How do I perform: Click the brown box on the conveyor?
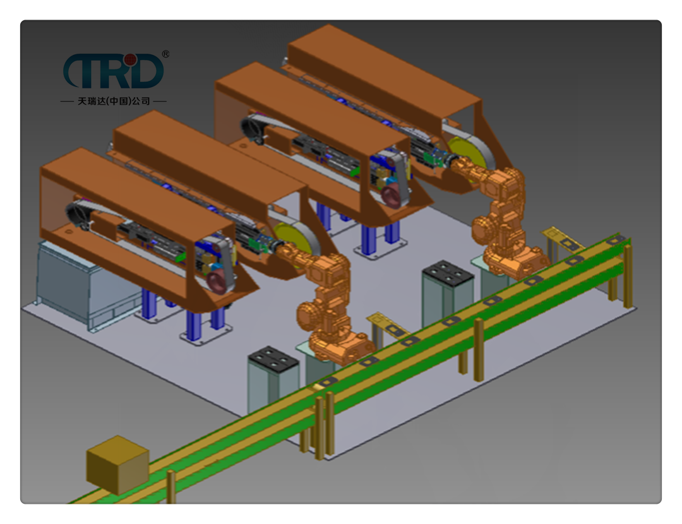tap(118, 465)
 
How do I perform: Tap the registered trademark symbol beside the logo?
tap(165, 54)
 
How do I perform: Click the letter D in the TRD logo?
tap(145, 71)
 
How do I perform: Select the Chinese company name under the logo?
tap(114, 101)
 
